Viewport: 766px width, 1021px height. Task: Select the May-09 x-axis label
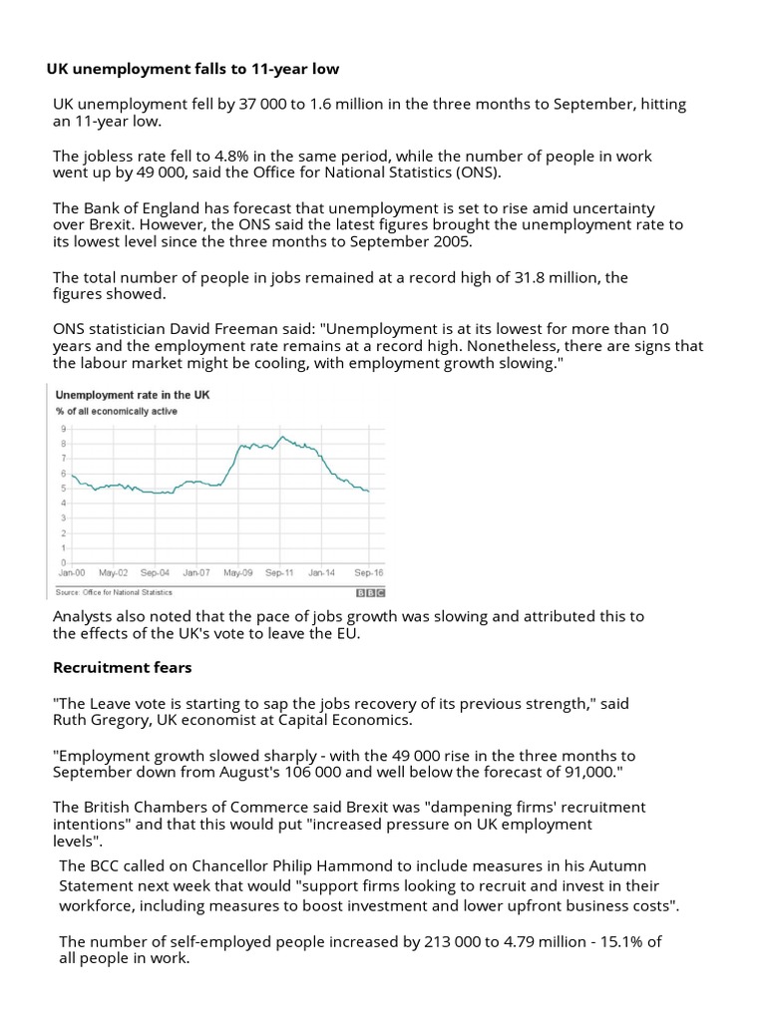click(x=238, y=573)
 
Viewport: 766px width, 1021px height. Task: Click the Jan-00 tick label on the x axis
click(x=71, y=573)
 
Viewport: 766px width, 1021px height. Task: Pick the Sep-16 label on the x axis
click(x=370, y=573)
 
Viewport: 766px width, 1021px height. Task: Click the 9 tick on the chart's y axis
click(x=64, y=428)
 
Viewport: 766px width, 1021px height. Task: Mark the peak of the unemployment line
click(x=283, y=437)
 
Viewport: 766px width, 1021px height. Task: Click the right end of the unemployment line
click(x=370, y=491)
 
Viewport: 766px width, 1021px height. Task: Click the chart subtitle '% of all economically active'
click(x=118, y=411)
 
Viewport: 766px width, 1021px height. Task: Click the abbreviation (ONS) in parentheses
click(x=479, y=172)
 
